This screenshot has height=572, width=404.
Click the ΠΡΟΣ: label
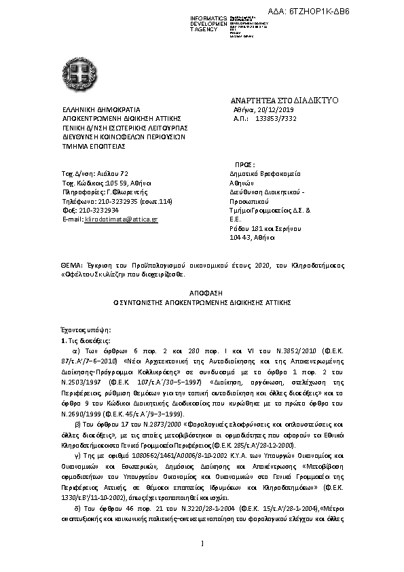pos(244,164)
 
